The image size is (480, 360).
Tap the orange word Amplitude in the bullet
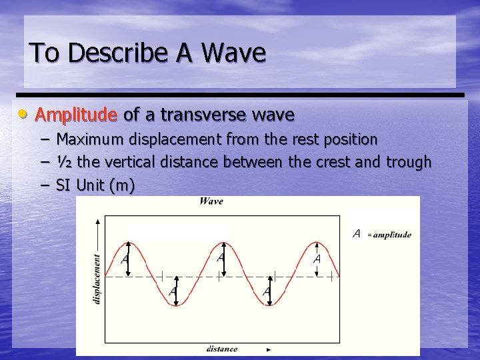click(x=76, y=115)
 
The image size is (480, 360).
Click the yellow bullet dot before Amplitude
click(x=23, y=115)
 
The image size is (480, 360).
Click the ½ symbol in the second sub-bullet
click(x=64, y=162)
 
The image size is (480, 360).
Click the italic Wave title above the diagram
click(x=211, y=201)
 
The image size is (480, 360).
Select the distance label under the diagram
click(x=222, y=349)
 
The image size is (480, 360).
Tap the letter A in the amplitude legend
click(x=357, y=234)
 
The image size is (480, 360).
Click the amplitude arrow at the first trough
click(x=175, y=291)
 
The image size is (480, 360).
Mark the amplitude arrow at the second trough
click(x=269, y=291)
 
